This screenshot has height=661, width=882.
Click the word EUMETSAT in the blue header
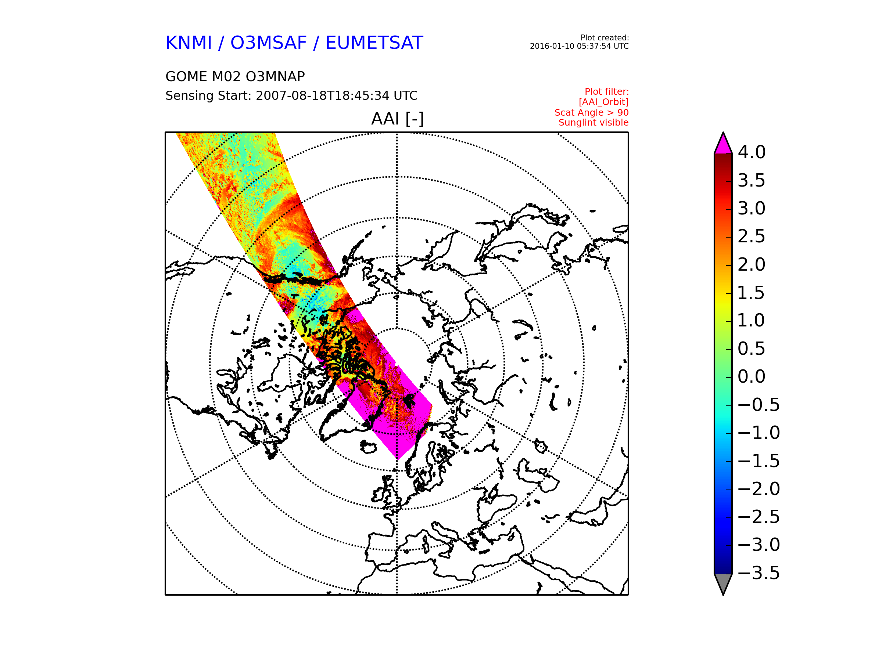[x=374, y=43]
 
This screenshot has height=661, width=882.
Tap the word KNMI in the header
[x=189, y=43]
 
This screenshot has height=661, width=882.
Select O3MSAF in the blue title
[x=268, y=43]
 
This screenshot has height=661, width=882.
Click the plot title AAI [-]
[x=397, y=119]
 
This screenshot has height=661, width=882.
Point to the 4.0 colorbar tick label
[x=752, y=152]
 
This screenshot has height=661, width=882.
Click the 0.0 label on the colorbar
[x=752, y=376]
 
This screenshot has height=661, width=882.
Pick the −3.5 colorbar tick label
[x=759, y=573]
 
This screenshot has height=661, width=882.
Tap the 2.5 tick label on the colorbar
[x=752, y=236]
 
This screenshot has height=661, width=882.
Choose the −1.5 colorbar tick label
[x=759, y=461]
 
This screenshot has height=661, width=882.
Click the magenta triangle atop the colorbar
[x=723, y=145]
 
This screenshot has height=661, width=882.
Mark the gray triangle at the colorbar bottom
[x=723, y=583]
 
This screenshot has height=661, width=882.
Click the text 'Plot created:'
[x=605, y=38]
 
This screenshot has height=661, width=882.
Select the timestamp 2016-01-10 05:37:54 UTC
[x=579, y=46]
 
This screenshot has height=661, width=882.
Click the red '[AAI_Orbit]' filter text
[x=604, y=102]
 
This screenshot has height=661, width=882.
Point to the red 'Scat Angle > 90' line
[x=591, y=113]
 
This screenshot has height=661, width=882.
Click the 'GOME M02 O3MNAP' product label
[x=235, y=76]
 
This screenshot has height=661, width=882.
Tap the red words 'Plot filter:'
[x=606, y=92]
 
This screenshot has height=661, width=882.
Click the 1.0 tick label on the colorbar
[x=752, y=320]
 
